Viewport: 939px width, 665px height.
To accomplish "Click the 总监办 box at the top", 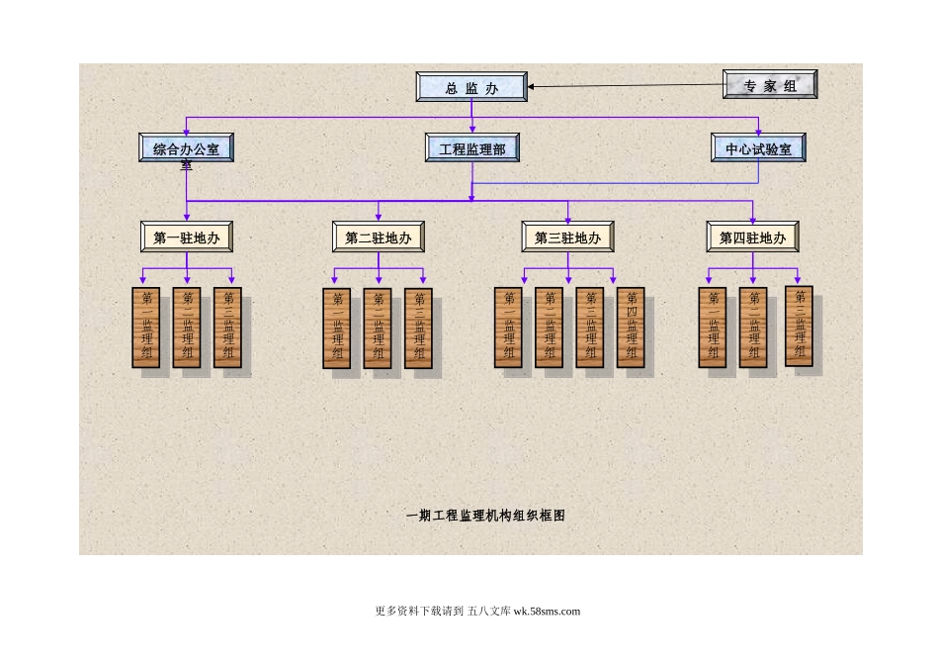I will click(471, 87).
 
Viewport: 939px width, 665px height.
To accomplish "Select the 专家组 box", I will click(770, 85).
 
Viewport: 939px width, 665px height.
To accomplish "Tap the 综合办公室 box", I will click(186, 148).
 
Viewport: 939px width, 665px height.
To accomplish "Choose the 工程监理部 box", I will click(471, 148).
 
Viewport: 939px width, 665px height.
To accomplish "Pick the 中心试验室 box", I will click(758, 148).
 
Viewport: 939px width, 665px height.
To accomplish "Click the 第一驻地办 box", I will click(187, 237).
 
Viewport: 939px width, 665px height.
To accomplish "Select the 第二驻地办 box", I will click(379, 237).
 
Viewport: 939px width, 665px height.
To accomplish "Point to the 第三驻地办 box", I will click(567, 237).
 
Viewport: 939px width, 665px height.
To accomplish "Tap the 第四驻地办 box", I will click(752, 237).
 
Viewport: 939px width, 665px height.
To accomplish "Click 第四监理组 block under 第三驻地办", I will click(631, 328).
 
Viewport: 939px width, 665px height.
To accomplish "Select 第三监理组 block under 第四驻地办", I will click(800, 326).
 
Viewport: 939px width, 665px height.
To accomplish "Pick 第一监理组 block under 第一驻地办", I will click(146, 328).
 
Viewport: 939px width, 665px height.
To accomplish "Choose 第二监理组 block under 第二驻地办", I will click(378, 329).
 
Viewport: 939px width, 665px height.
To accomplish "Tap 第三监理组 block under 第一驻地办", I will click(227, 328).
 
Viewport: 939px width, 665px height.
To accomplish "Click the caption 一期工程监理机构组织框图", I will click(486, 515).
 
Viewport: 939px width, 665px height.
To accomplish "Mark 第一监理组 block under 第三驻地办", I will click(508, 328).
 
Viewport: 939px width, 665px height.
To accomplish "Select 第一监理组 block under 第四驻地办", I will click(712, 328).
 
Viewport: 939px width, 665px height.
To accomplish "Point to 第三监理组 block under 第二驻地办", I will click(418, 329).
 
